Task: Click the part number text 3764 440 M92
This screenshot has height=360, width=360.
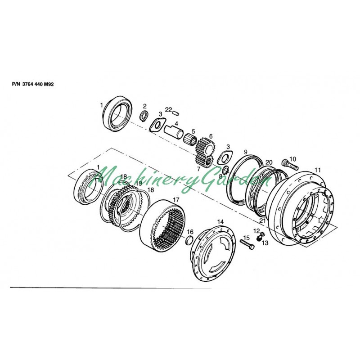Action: (38, 84)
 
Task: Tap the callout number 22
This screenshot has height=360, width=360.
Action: (168, 109)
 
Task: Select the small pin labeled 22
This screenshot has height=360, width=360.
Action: (176, 113)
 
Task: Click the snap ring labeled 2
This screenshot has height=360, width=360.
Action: (144, 116)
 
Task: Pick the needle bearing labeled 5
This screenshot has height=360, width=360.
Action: (190, 139)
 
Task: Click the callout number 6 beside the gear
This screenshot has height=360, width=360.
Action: (211, 136)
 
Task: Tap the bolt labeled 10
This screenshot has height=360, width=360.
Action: (290, 164)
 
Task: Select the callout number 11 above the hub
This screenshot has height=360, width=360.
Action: (318, 170)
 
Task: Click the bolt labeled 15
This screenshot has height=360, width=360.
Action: (247, 244)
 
